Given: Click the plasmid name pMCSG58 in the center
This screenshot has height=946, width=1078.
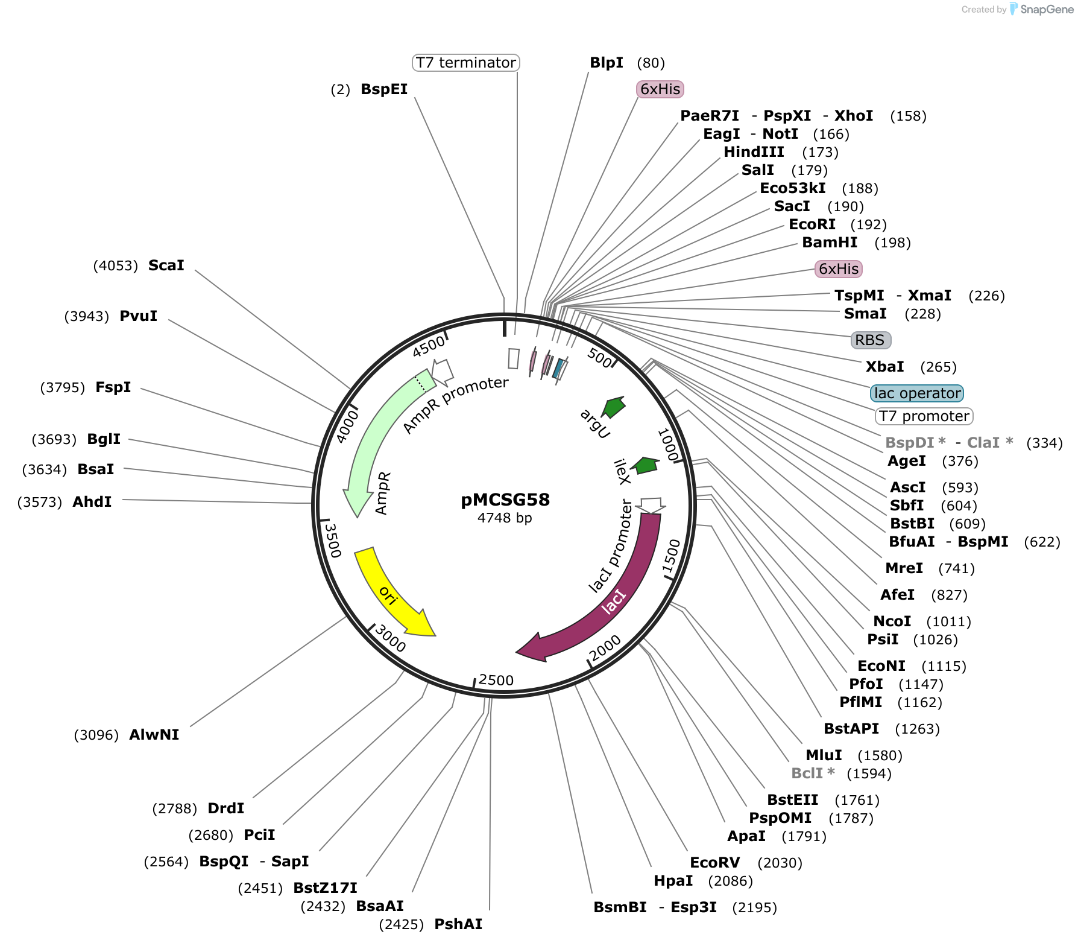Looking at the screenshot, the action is [x=505, y=500].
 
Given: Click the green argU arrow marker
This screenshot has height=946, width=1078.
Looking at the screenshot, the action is [x=614, y=407].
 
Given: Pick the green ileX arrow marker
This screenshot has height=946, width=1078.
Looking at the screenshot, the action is [x=646, y=465].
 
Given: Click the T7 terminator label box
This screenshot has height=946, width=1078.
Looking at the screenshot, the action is [x=465, y=63].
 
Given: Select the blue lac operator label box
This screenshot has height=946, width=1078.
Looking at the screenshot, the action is [x=917, y=393].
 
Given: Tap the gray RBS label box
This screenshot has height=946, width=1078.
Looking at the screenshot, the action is [x=871, y=340].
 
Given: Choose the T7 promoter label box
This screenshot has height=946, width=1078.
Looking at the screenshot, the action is [x=924, y=416].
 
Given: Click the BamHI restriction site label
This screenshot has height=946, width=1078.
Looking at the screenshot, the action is [x=830, y=243].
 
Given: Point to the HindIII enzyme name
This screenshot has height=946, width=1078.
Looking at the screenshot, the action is [x=754, y=152].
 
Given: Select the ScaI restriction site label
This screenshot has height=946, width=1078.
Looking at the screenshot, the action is [x=166, y=265].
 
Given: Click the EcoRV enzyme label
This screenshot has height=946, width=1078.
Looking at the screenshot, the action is [x=715, y=863].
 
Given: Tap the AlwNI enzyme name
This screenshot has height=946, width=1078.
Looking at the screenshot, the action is [x=154, y=735].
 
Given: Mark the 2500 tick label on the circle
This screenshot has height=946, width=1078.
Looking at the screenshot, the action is [x=496, y=681].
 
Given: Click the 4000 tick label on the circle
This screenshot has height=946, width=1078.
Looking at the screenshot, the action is [x=348, y=426].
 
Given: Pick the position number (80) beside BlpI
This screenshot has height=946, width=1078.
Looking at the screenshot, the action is [x=651, y=63].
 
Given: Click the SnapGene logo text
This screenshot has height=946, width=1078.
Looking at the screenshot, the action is [x=1047, y=10].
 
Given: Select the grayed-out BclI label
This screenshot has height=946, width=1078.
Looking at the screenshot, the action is [x=813, y=773].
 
